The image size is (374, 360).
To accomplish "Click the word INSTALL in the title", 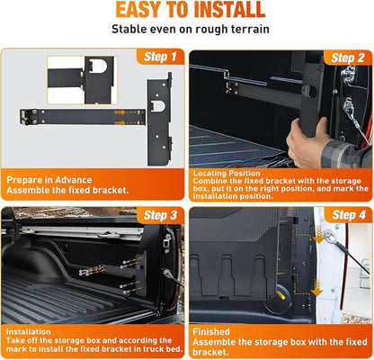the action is pyautogui.click(x=229, y=10).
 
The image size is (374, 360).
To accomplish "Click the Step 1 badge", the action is pyautogui.click(x=160, y=57).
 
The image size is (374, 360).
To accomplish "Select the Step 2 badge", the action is pyautogui.click(x=348, y=58).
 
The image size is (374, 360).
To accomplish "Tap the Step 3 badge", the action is pyautogui.click(x=160, y=215).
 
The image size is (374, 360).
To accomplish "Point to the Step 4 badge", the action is pyautogui.click(x=349, y=215).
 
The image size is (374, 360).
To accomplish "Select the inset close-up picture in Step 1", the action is pyautogui.click(x=82, y=80).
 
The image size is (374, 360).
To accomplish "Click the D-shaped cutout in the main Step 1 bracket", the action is pyautogui.click(x=158, y=106).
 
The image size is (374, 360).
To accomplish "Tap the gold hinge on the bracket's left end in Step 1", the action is pyautogui.click(x=24, y=117).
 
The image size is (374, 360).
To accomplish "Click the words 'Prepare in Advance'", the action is pyautogui.click(x=49, y=180).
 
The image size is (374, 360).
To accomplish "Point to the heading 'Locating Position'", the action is pyautogui.click(x=227, y=173).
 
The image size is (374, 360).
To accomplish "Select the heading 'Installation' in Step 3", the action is pyautogui.click(x=28, y=331).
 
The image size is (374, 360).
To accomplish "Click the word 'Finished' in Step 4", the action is pyautogui.click(x=211, y=331).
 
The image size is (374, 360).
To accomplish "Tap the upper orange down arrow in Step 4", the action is pyautogui.click(x=319, y=235).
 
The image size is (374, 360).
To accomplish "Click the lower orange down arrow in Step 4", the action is pyautogui.click(x=316, y=287).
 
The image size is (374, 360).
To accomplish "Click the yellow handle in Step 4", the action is pyautogui.click(x=282, y=295).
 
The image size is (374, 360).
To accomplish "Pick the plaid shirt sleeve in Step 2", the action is pyautogui.click(x=347, y=154).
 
